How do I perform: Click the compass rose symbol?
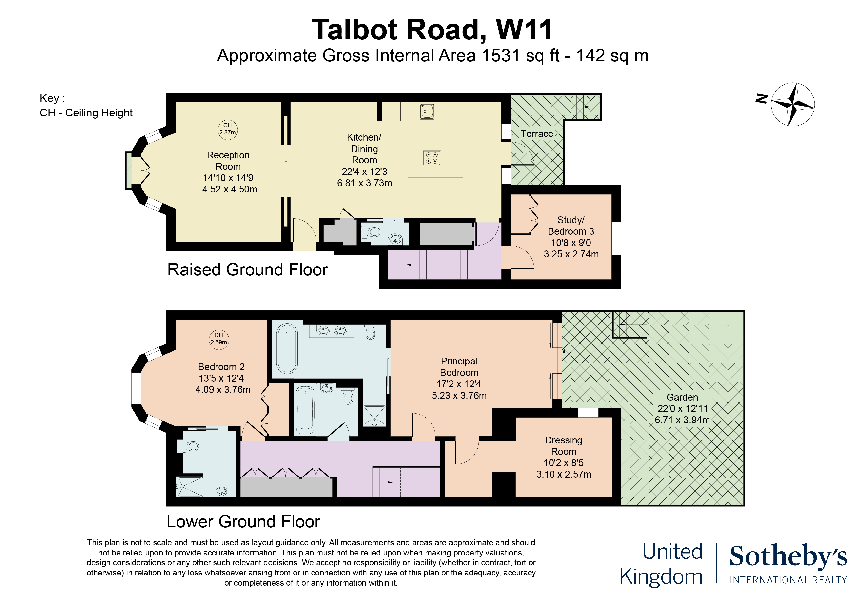point(792,104)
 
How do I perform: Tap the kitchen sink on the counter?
point(427,112)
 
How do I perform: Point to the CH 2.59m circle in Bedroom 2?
point(219,339)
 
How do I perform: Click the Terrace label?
point(537,134)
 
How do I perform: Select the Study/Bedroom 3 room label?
point(571,226)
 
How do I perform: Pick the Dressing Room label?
point(564,446)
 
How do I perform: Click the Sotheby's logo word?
point(788,556)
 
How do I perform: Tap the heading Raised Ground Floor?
point(247,270)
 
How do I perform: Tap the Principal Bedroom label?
point(459,367)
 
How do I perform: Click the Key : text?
point(52,98)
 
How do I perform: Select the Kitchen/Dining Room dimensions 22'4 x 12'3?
point(364,172)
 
